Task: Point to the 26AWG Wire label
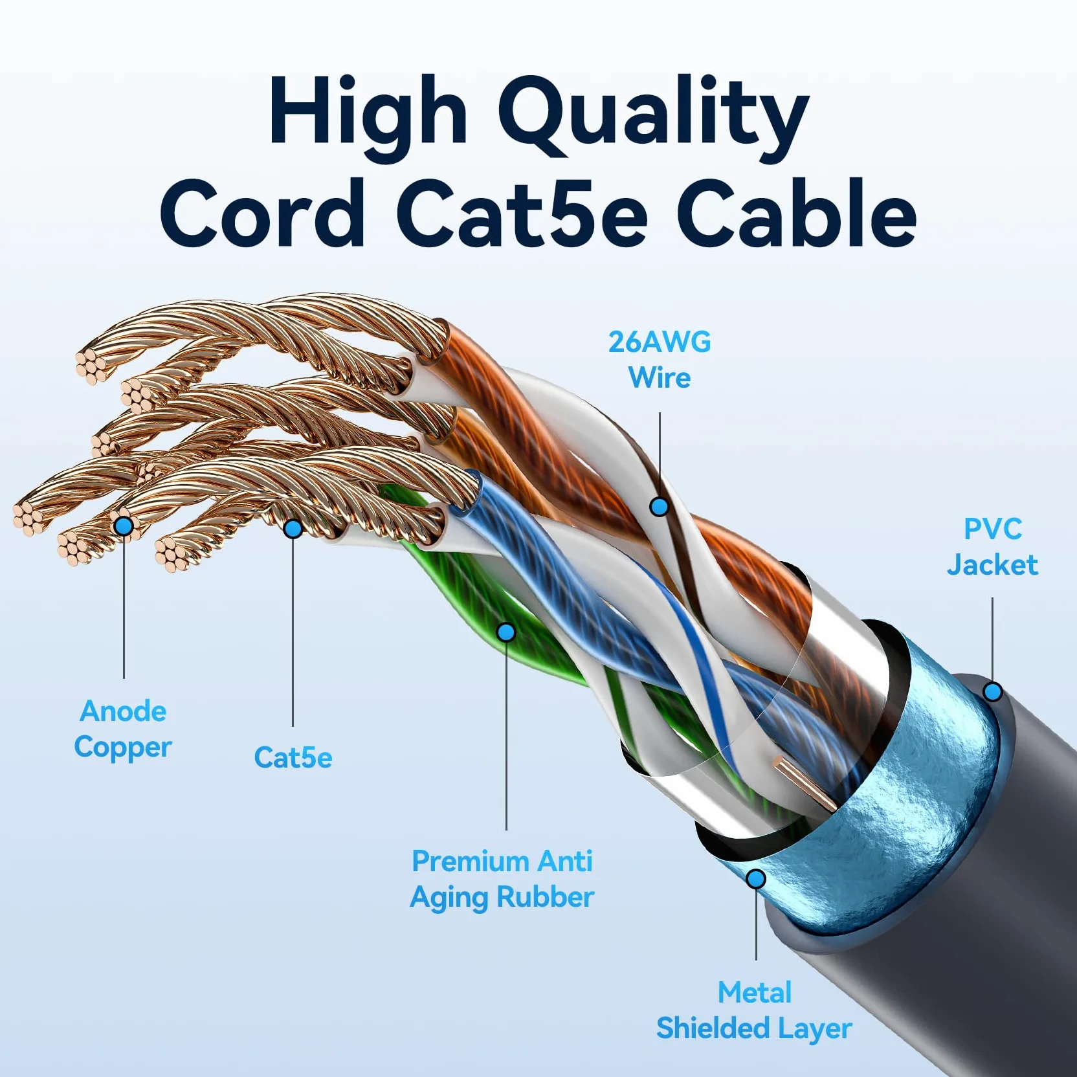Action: pyautogui.click(x=660, y=360)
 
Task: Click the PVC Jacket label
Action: pyautogui.click(x=992, y=547)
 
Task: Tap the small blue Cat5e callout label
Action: pyautogui.click(x=293, y=757)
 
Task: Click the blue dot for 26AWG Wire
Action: pyautogui.click(x=659, y=506)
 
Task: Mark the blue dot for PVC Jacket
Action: pyautogui.click(x=993, y=691)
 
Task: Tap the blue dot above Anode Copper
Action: pyautogui.click(x=124, y=526)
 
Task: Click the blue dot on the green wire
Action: pyautogui.click(x=506, y=632)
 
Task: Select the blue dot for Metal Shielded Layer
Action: pyautogui.click(x=756, y=879)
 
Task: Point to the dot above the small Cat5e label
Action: pyautogui.click(x=293, y=529)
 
